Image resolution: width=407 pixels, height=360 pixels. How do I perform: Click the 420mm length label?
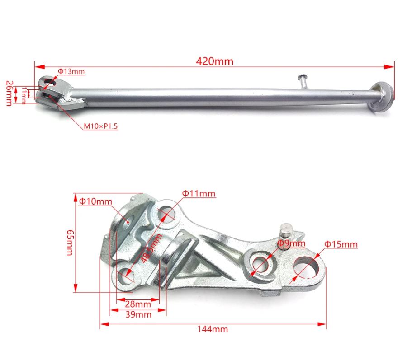tap(214, 61)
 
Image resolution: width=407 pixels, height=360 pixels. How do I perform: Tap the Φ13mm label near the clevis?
tap(71, 71)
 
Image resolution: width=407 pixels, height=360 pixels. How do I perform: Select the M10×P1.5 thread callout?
tap(100, 126)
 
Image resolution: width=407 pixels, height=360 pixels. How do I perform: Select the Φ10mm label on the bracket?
tap(95, 201)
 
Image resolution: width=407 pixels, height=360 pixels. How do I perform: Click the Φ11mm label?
tap(199, 194)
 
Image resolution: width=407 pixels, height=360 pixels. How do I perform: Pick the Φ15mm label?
tap(341, 244)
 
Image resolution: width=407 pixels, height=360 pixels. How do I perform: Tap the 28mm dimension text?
tap(138, 304)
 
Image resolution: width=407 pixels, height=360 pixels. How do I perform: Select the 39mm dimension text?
tap(138, 314)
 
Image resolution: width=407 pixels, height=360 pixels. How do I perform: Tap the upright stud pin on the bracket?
tap(286, 231)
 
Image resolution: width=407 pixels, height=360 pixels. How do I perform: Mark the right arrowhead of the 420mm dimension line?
tap(392, 66)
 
